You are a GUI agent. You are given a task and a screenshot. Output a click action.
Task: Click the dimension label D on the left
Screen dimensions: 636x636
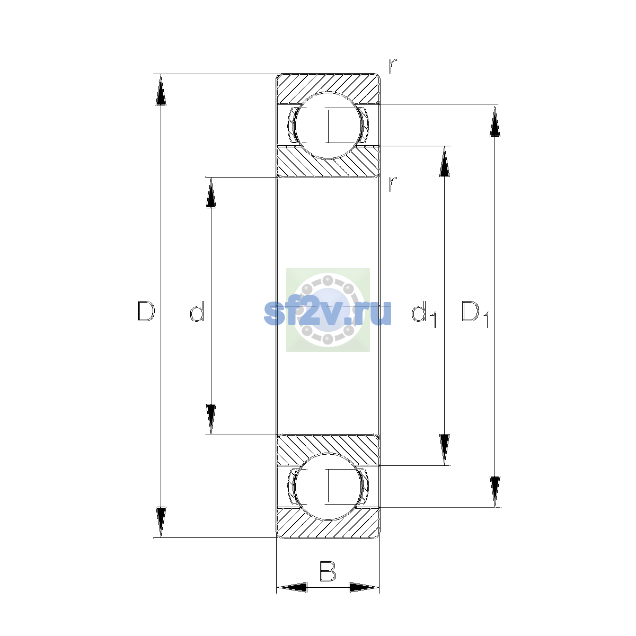coord(146,311)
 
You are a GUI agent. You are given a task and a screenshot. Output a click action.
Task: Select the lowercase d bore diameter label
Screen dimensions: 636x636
coord(197,311)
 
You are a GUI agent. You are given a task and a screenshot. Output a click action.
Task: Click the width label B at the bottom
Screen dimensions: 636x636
coord(328,571)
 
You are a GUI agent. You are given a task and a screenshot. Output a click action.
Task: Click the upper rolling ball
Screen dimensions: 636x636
coord(328,126)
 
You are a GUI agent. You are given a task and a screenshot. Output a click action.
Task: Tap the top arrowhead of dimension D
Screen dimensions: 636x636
coord(161,90)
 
